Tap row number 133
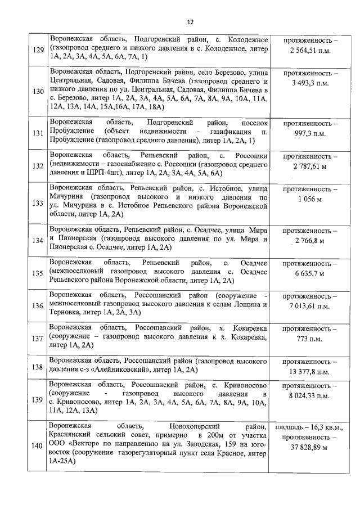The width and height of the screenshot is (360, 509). [x=38, y=203]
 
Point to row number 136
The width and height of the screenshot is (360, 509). [x=38, y=305]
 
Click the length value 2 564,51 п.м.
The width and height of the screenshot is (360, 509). [x=310, y=51]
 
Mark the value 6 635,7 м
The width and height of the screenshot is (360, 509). [x=310, y=273]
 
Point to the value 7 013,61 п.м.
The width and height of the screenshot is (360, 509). [x=310, y=307]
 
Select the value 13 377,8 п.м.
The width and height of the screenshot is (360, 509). [x=310, y=372]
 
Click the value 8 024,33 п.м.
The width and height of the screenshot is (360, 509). [x=310, y=396]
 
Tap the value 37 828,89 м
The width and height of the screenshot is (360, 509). [x=310, y=447]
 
